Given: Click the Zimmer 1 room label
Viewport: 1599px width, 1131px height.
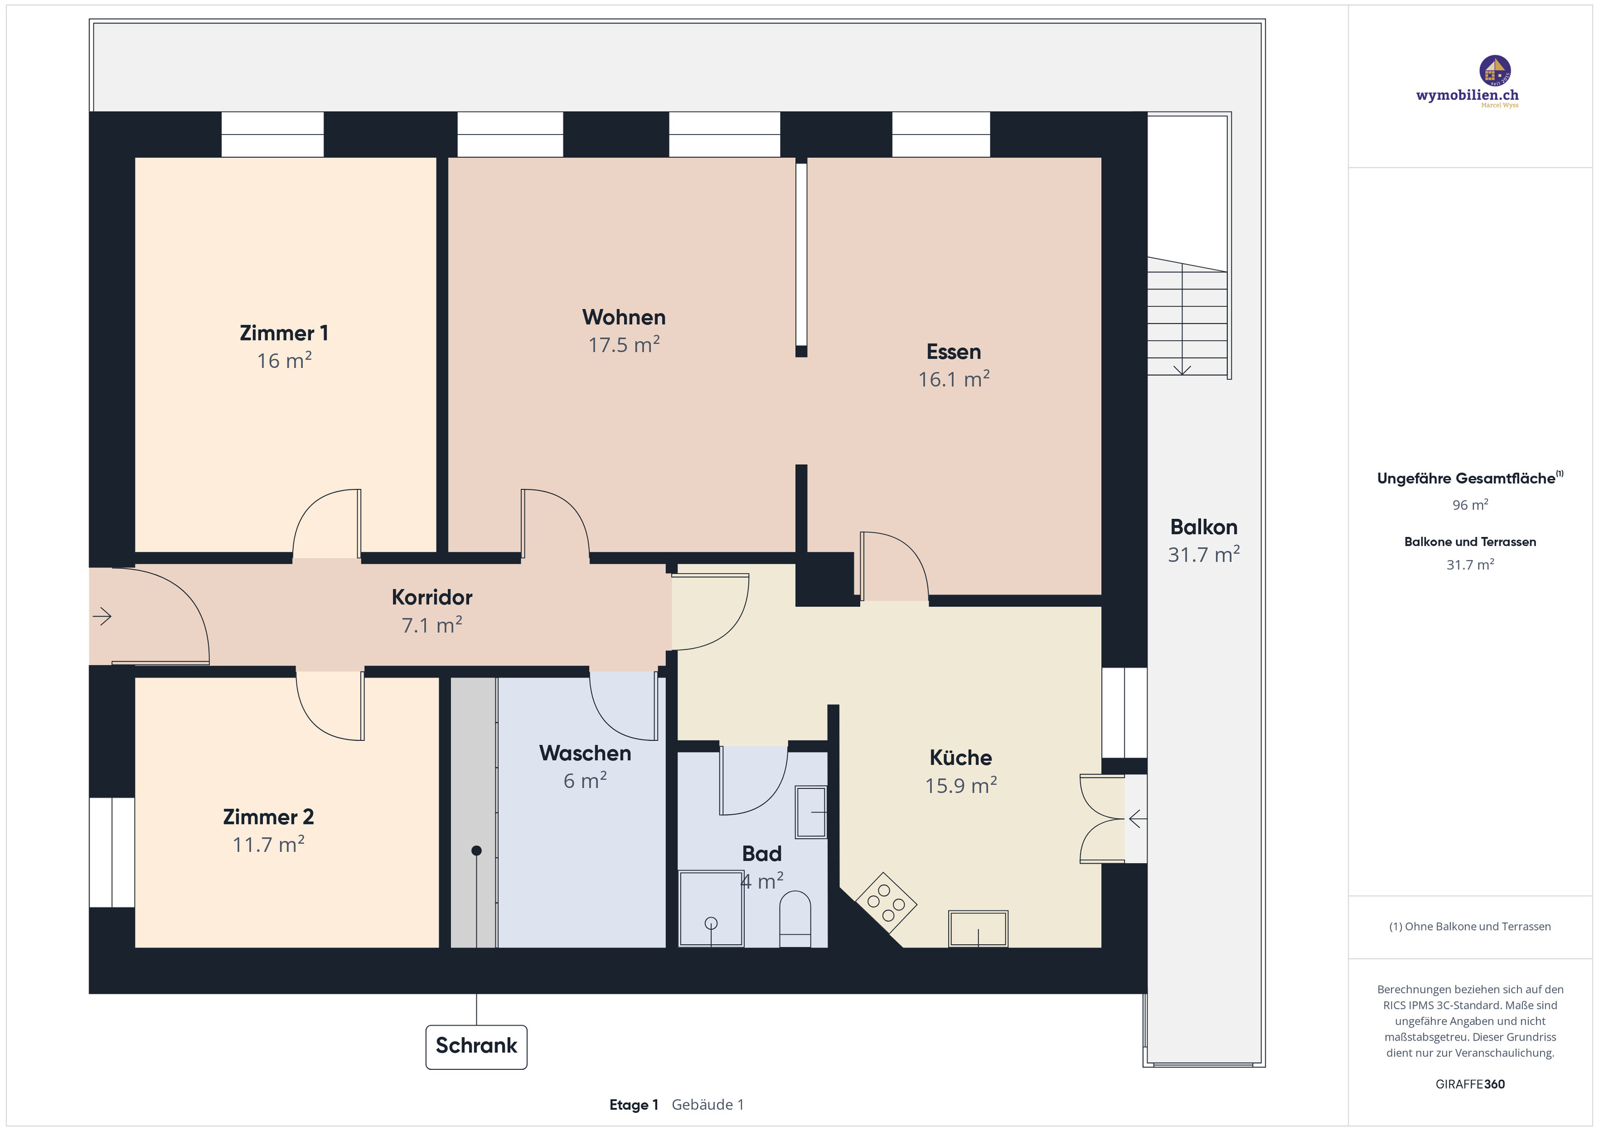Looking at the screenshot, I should point(284,333).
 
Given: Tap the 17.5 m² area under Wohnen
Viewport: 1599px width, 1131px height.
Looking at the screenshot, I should point(623,345).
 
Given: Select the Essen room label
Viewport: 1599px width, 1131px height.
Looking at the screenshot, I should point(953,352).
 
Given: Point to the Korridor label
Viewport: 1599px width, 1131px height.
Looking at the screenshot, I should point(432,597).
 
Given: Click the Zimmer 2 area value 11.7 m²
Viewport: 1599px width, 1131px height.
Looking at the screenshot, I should point(268,845).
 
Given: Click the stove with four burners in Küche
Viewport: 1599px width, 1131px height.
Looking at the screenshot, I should point(885,902).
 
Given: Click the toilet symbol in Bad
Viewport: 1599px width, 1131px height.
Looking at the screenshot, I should point(795,919).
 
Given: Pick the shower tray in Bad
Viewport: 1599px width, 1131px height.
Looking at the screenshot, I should point(711,908).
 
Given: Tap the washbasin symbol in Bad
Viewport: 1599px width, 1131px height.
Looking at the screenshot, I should point(811,812).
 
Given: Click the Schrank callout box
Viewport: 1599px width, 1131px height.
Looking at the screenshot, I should point(477,1046).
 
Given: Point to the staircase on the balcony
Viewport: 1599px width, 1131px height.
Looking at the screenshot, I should point(1187,317).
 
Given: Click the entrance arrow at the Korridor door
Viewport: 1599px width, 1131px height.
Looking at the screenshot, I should point(102,616).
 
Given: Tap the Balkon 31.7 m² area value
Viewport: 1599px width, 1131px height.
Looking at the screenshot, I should point(1204,555).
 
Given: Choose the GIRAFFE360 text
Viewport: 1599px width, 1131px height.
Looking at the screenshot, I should point(1470,1084).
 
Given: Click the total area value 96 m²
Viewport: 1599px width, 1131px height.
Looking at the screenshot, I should point(1470,505).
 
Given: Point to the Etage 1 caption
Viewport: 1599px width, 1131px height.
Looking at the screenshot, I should point(633,1105).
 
